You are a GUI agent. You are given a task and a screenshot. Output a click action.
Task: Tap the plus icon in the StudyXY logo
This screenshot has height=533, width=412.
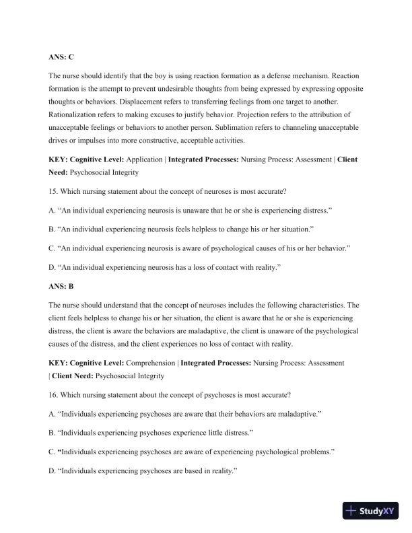click(x=351, y=511)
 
